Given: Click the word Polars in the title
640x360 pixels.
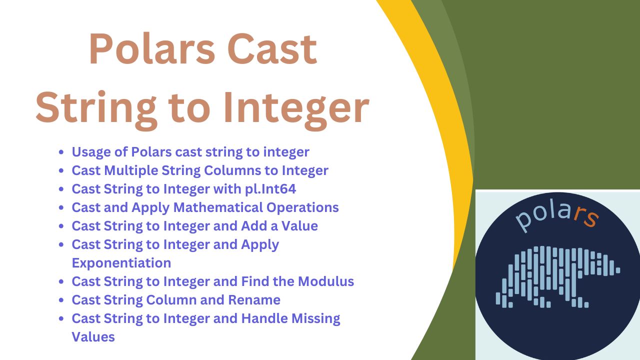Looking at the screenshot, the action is pos(152,49).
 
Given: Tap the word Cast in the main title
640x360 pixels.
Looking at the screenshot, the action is pos(272,49).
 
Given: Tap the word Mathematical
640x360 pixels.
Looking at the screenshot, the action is pos(218,207).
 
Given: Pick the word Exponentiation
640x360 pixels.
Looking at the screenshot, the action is pos(121,263).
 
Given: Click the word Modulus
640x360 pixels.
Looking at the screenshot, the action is pos(326,281).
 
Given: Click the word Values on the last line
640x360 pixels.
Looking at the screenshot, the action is pos(93,337).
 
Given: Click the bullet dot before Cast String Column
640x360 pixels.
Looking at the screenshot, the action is pos(61,300).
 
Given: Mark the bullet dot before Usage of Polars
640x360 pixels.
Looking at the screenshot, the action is pos(61,152).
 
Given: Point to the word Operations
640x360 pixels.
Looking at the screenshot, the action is pos(302,207).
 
